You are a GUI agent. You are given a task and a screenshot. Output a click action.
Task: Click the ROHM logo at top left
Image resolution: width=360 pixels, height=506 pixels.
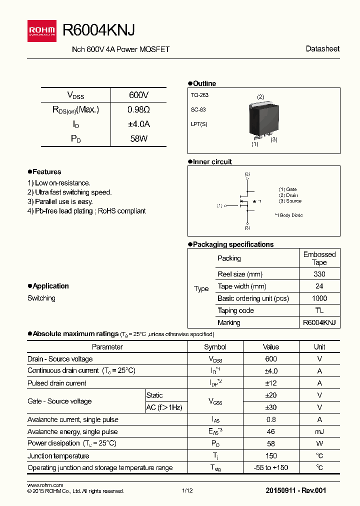[42, 31]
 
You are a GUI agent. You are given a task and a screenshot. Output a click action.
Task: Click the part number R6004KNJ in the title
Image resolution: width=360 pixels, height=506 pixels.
[98, 30]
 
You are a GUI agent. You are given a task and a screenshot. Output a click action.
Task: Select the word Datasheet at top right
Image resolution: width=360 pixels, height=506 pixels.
[322, 49]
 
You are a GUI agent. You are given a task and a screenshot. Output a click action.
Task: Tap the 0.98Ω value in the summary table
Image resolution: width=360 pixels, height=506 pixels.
[138, 109]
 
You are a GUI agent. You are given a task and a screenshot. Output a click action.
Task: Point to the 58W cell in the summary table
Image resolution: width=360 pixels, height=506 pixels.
[138, 139]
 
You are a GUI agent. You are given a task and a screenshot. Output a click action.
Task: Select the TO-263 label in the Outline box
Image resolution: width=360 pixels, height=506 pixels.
[199, 95]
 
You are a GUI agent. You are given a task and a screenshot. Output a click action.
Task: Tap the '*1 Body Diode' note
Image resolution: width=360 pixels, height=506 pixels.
[288, 215]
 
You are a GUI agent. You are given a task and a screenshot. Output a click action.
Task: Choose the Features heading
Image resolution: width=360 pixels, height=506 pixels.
[46, 172]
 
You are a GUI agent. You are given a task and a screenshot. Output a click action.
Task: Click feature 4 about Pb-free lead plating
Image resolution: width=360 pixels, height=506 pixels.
[86, 211]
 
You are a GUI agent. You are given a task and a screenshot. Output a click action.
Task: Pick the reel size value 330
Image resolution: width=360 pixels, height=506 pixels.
[319, 274]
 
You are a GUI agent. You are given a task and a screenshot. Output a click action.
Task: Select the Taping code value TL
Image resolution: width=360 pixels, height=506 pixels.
[319, 310]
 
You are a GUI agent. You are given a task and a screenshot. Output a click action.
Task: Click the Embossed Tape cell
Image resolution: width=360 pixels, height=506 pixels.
[319, 258]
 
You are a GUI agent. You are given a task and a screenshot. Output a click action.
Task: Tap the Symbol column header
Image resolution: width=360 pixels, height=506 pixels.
[215, 347]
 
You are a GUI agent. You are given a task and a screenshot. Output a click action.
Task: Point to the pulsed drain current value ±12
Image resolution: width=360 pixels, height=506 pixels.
[270, 383]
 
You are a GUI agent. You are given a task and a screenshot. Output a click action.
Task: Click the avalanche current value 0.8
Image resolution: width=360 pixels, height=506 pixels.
[270, 419]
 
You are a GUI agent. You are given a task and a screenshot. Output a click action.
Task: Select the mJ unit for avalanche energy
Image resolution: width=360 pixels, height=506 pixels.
[319, 431]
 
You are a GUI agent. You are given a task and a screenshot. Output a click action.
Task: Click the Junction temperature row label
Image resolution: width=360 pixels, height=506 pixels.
[58, 456]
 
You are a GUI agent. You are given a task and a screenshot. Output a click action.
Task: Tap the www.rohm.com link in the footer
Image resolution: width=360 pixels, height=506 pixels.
[45, 485]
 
